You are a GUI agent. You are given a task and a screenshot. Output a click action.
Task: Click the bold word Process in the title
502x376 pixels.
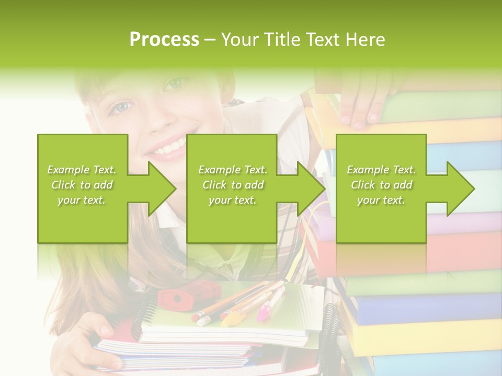tap(164, 40)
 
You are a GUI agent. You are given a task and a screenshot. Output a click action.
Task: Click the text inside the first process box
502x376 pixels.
tap(82, 185)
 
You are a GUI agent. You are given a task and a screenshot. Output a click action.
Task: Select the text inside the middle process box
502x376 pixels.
tap(232, 185)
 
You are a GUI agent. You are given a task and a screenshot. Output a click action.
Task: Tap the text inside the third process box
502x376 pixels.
tap(381, 185)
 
